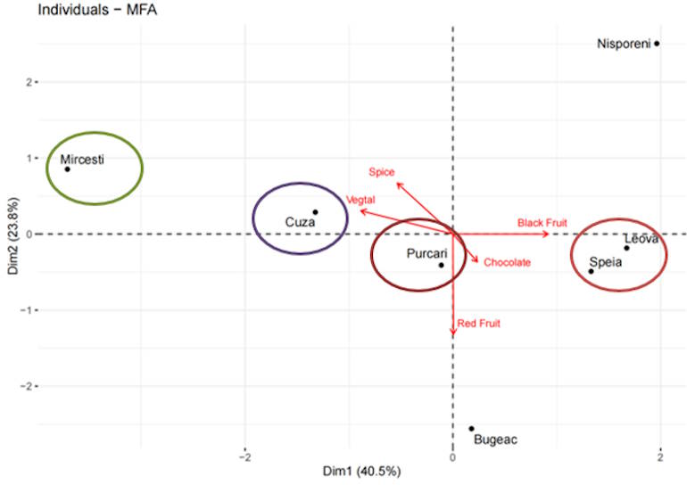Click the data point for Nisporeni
click(x=657, y=43)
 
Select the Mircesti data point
click(x=67, y=169)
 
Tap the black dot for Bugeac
click(x=471, y=428)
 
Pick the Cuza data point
click(x=315, y=212)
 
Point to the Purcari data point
click(x=441, y=265)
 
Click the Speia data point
click(x=591, y=271)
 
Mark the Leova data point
click(x=626, y=248)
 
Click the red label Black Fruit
click(x=542, y=222)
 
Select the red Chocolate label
click(x=507, y=262)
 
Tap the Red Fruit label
click(x=478, y=323)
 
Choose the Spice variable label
click(x=381, y=171)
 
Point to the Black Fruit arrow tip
click(x=548, y=234)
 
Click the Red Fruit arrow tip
click(x=453, y=335)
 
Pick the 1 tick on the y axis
click(x=28, y=159)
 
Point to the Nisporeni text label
click(x=623, y=43)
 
